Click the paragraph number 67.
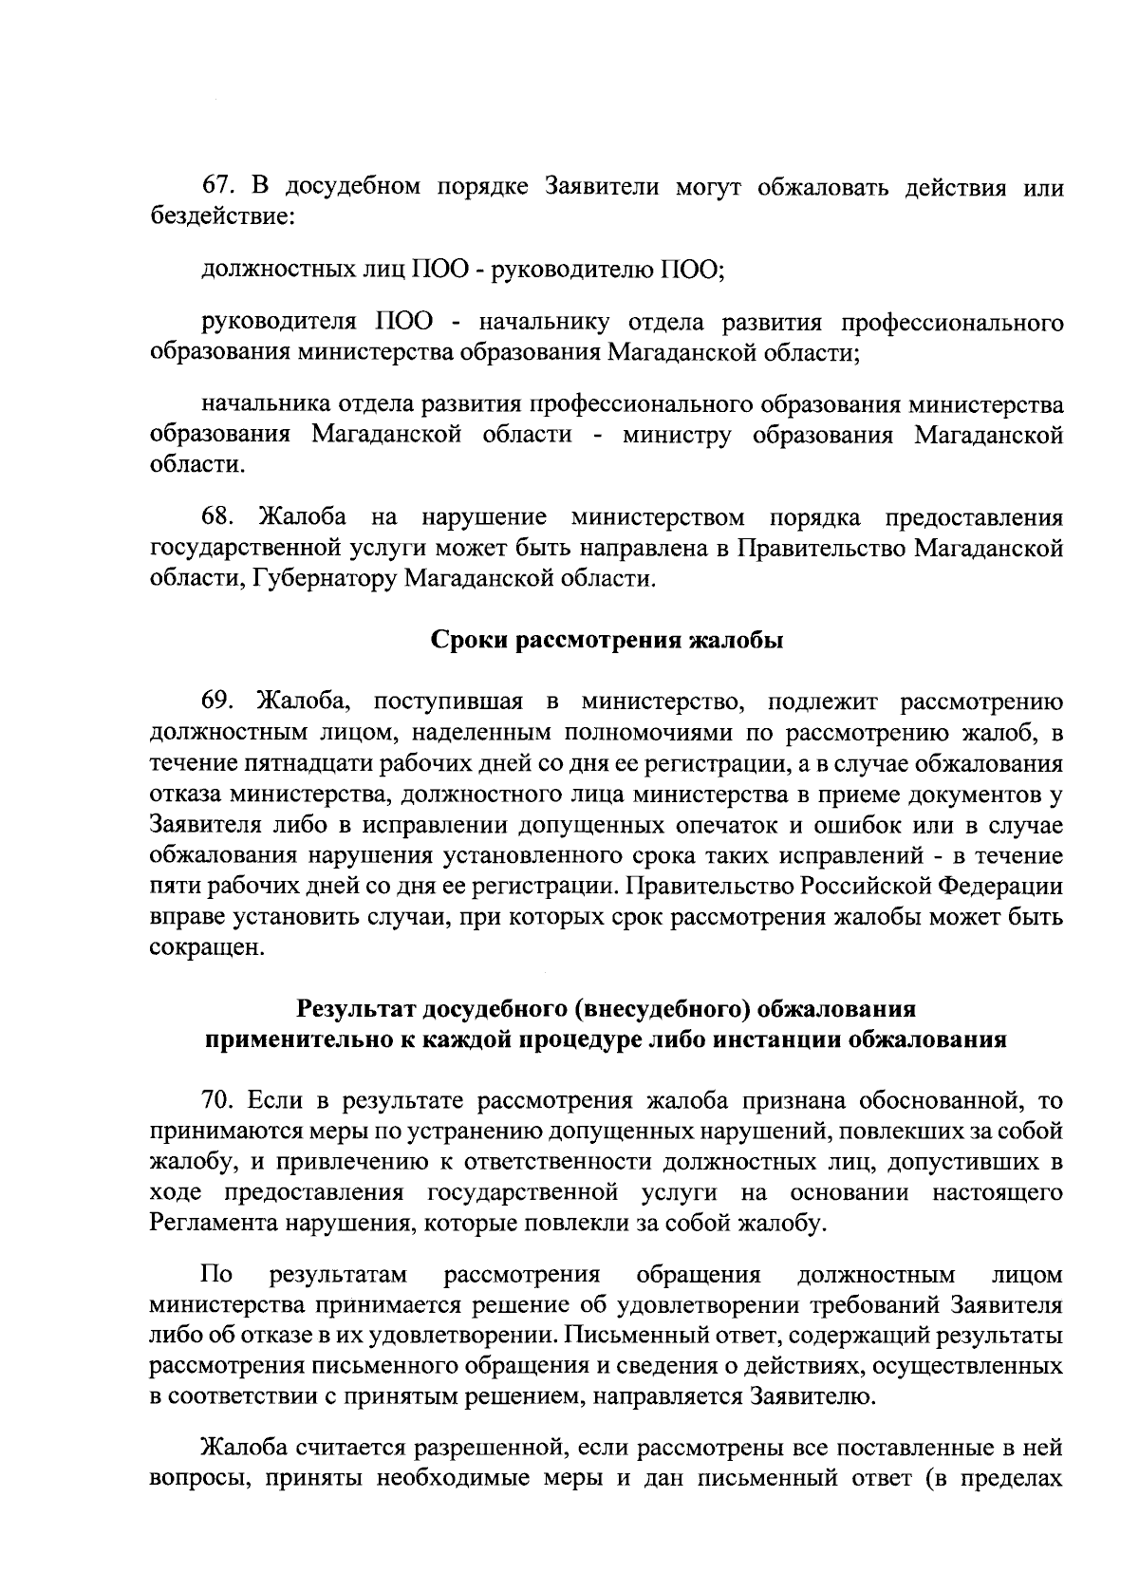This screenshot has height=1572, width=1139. click(x=218, y=187)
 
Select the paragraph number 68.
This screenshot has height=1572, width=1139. click(x=218, y=517)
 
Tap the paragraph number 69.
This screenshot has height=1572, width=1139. click(x=218, y=702)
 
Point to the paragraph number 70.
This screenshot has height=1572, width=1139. click(x=218, y=1100)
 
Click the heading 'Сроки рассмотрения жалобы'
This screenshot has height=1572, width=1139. click(x=607, y=641)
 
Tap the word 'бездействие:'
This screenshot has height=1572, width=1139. click(x=224, y=218)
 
